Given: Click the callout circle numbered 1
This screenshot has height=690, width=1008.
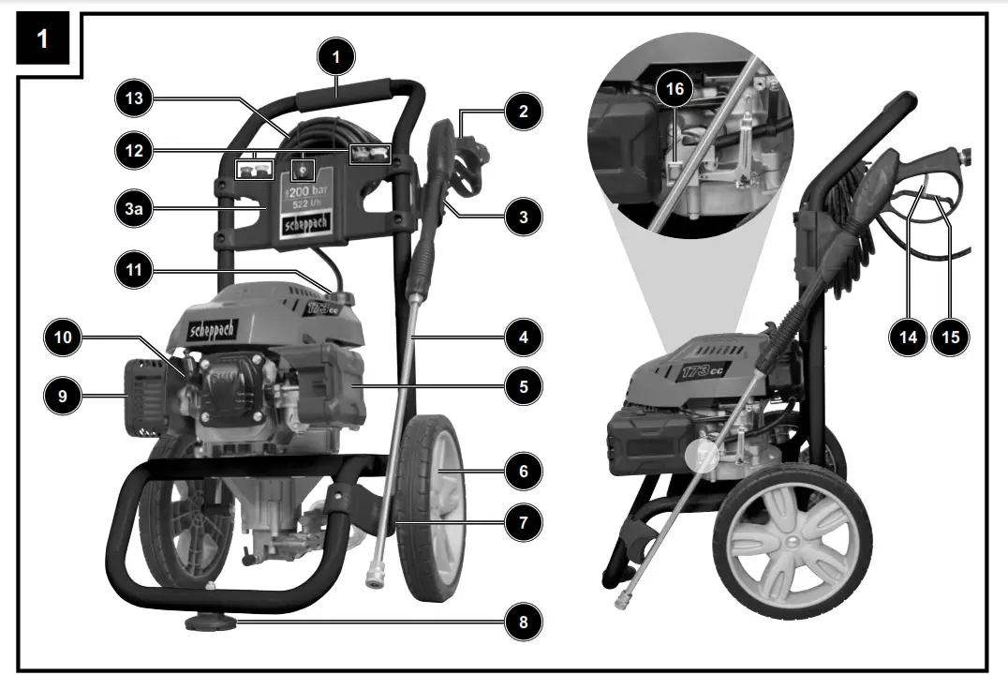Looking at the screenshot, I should pyautogui.click(x=337, y=57).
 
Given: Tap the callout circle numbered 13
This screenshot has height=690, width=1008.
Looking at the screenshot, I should pyautogui.click(x=133, y=97).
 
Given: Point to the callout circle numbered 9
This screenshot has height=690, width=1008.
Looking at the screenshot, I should pyautogui.click(x=63, y=397).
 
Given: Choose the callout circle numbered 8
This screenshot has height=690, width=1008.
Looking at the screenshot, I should pyautogui.click(x=523, y=621).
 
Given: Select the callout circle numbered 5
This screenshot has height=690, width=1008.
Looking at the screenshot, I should pyautogui.click(x=523, y=384).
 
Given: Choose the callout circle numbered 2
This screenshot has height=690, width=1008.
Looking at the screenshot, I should pyautogui.click(x=523, y=112).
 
